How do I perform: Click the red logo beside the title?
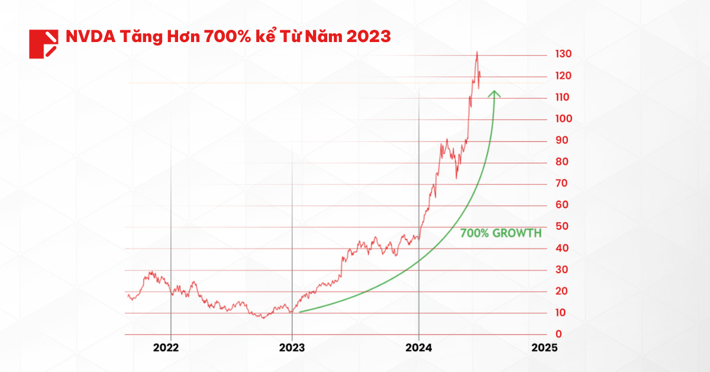(x=43, y=43)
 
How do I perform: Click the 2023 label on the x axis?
(x=292, y=348)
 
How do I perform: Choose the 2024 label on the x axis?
(x=418, y=348)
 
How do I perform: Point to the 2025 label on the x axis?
(x=544, y=348)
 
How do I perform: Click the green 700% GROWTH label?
(x=501, y=233)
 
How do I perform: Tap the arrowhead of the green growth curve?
(x=494, y=93)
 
